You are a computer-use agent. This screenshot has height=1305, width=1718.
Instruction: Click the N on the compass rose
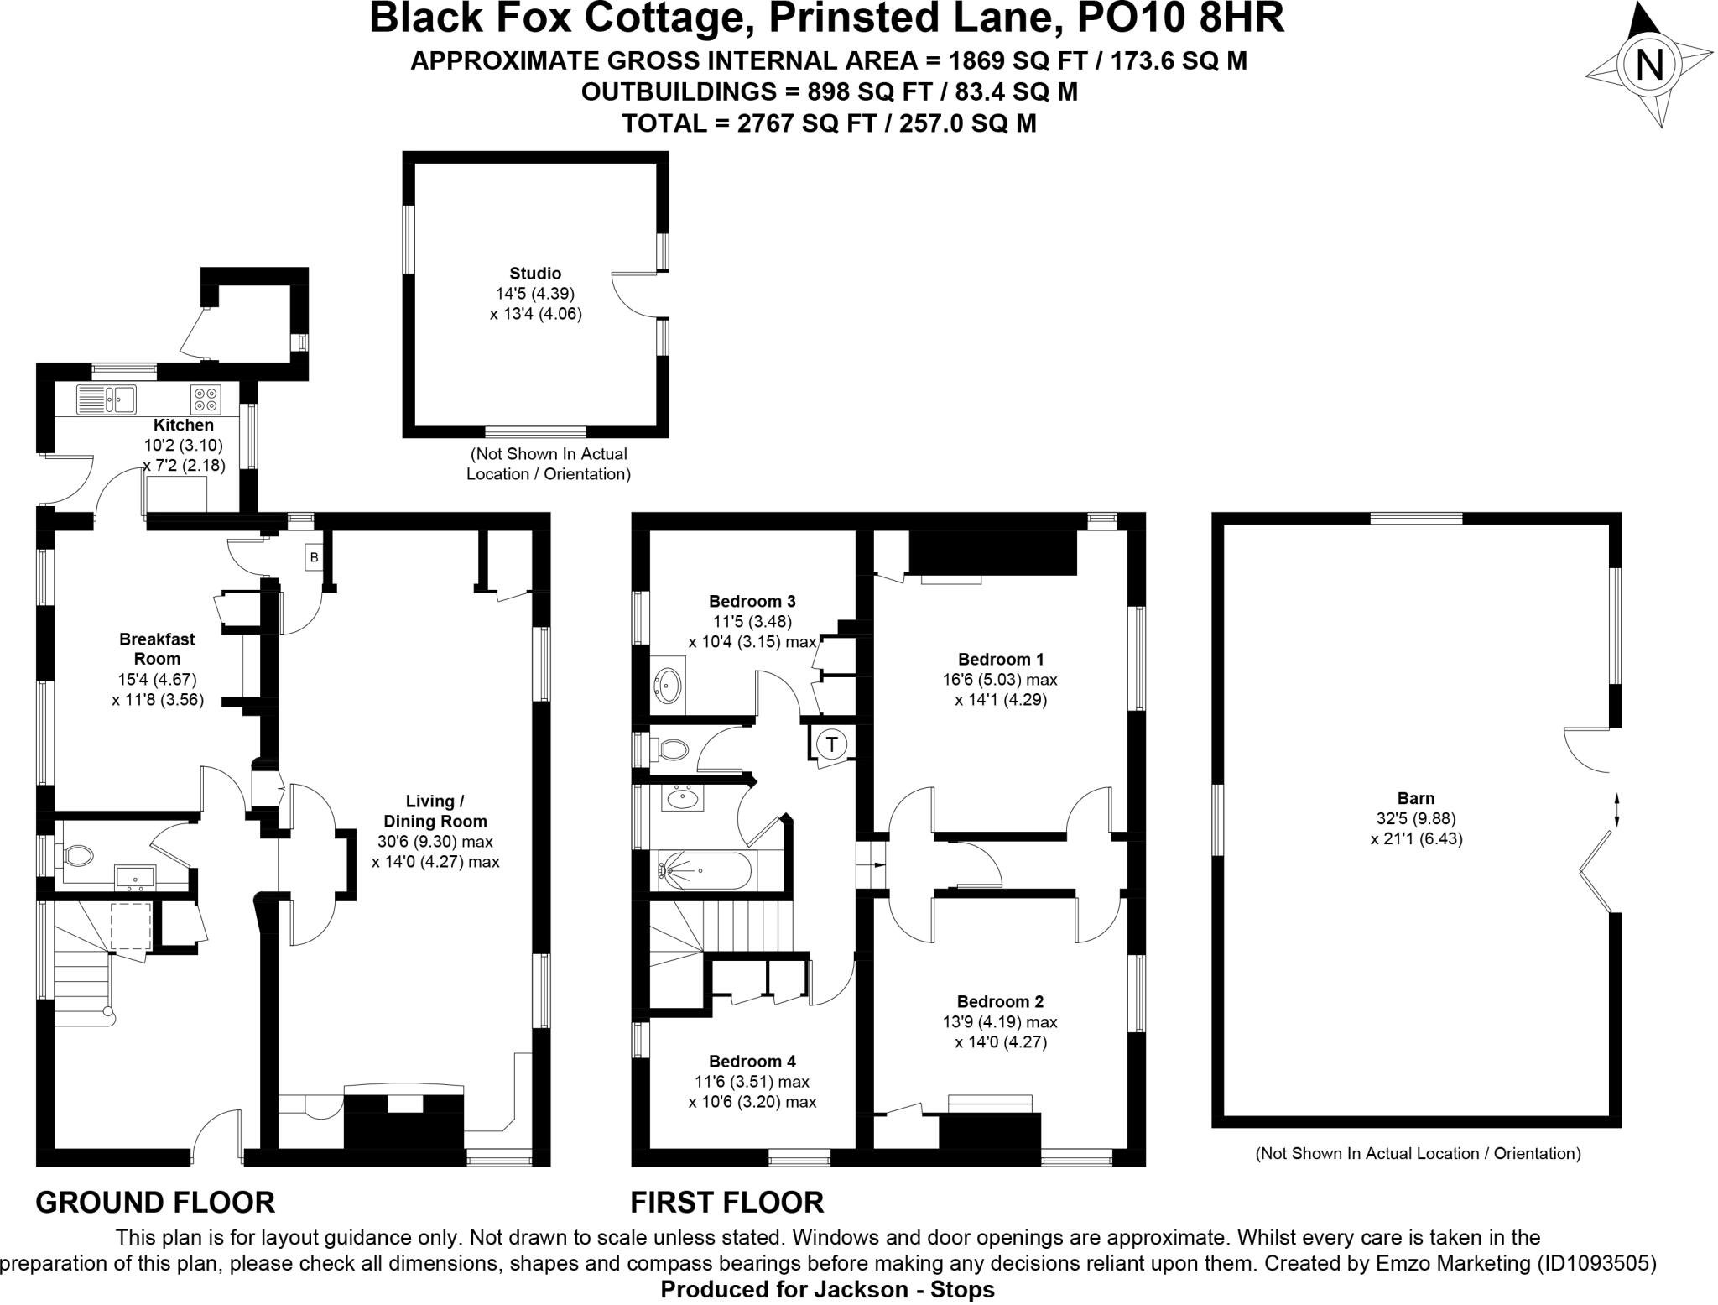coord(1649,65)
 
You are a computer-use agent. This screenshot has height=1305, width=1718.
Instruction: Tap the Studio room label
coord(535,274)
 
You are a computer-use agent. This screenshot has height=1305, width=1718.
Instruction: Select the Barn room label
coord(1416,798)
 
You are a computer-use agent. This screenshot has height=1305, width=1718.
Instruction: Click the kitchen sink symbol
coord(107,399)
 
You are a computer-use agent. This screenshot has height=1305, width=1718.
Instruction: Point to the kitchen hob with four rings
coord(206,399)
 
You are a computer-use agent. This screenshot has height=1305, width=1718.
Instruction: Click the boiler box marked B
coord(314,556)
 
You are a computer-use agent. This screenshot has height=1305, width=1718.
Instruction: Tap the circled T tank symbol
coord(831,744)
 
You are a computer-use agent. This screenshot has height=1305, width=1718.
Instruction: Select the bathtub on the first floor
coord(705,871)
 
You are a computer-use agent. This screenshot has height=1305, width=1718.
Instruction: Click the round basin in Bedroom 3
coord(669,685)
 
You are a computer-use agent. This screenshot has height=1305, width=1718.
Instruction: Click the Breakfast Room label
coord(157,649)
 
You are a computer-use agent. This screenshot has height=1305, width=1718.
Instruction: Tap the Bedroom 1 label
coord(1000,659)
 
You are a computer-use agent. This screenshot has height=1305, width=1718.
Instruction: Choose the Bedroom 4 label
coord(752,1061)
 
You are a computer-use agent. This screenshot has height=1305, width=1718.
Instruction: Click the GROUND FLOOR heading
coord(155,1202)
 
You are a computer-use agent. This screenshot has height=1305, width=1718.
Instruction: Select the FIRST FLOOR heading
coord(726,1202)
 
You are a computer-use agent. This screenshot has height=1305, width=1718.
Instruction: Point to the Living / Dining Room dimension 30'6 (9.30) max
coord(435,842)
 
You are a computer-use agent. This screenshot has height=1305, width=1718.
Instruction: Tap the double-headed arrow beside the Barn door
coord(1616,811)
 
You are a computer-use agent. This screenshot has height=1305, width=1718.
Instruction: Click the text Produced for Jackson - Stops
coord(827,1290)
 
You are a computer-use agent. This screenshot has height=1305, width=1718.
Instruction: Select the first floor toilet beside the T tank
coord(671,748)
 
